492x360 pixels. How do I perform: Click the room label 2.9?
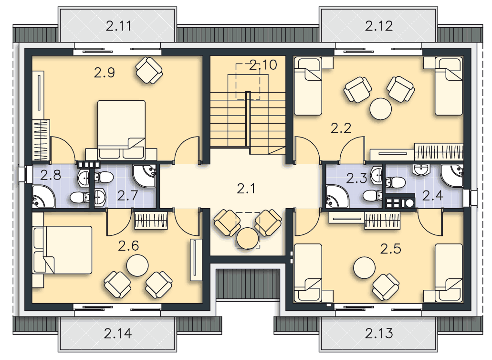105,73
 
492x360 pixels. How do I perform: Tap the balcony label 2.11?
118,26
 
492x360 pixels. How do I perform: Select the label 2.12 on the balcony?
379,26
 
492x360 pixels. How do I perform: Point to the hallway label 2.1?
246,189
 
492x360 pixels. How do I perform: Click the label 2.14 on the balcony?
118,333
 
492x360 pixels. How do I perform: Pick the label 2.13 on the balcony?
379,333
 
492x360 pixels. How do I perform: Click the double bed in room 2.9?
121,129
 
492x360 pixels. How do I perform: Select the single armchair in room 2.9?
149,70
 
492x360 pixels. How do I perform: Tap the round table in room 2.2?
381,109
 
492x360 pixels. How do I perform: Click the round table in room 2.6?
137,265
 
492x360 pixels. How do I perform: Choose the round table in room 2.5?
364,267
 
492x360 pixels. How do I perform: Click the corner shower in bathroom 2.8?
43,197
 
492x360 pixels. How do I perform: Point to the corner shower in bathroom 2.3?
337,197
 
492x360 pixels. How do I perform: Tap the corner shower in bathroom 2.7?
144,176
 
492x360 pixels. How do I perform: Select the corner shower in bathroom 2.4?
452,176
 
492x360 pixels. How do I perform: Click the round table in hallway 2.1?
248,238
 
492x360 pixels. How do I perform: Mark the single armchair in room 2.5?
386,287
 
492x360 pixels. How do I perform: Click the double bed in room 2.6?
63,250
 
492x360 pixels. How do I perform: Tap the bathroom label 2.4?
433,196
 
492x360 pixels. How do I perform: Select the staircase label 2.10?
263,65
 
